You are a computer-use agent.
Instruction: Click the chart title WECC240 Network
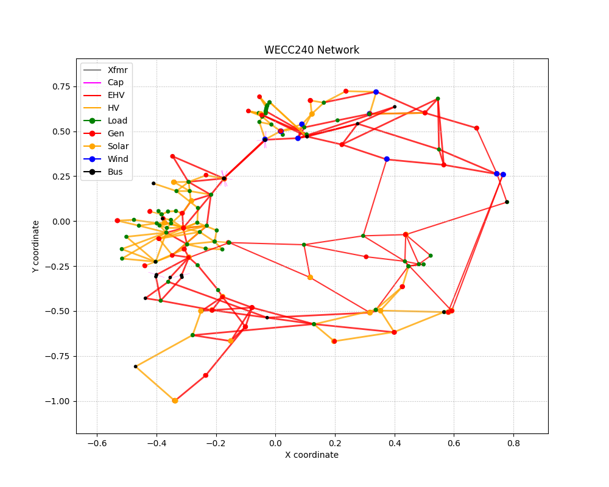311,50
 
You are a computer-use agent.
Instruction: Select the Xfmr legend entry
105,70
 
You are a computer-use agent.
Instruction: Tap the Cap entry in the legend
104,82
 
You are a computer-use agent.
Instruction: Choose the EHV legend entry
104,95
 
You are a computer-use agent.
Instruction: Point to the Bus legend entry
104,172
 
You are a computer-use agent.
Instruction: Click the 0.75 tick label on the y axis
62,86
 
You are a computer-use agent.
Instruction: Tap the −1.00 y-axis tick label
58,401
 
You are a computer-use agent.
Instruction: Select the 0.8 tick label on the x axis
513,443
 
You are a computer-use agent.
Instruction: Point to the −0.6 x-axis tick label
97,443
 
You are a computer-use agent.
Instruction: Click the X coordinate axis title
312,455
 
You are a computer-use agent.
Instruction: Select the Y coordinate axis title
36,246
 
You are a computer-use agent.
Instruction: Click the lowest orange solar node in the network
175,401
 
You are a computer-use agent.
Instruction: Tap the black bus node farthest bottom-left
136,366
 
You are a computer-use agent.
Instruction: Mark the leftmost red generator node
118,220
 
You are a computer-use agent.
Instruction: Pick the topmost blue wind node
376,92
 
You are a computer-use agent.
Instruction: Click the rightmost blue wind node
503,175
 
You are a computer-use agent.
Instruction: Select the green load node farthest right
507,202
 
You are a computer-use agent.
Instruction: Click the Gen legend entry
104,133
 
